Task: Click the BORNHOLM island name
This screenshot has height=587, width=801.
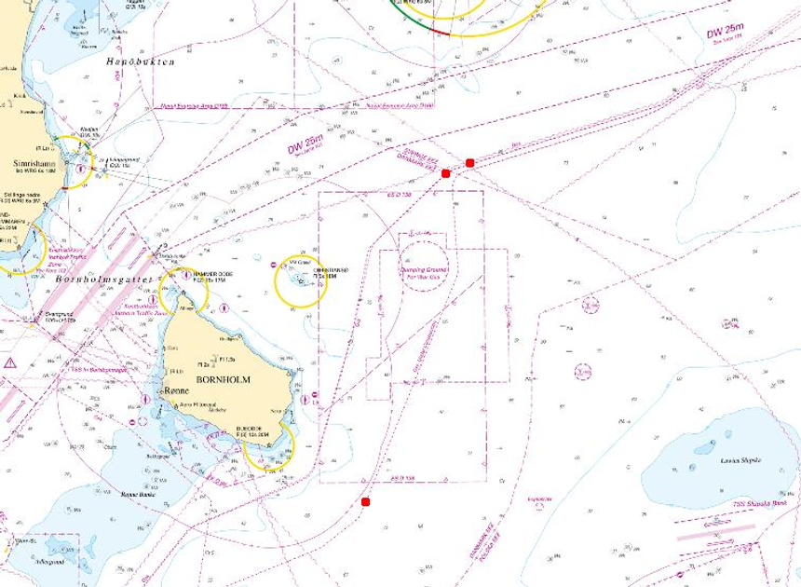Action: coord(224,379)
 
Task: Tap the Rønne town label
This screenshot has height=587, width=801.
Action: coord(176,391)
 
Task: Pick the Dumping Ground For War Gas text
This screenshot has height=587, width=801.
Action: coord(424,274)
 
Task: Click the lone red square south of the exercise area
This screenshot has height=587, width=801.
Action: coord(365,502)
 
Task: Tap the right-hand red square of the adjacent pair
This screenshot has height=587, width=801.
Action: coord(470,163)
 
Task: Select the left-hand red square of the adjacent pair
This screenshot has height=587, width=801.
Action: coord(446,173)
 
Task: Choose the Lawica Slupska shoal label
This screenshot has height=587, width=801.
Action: coord(741,460)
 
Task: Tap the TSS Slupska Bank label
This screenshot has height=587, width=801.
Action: coord(759,503)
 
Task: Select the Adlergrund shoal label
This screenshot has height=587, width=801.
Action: coord(49,562)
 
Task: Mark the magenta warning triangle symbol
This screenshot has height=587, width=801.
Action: coord(10,362)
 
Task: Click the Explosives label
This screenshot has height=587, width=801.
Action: coord(539,498)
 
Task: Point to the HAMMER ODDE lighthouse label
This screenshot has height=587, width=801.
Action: coord(211,273)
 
